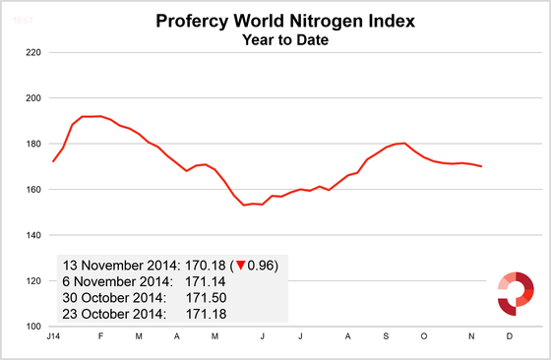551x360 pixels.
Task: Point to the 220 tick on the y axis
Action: [x=31, y=52]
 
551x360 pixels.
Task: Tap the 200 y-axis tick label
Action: [x=31, y=98]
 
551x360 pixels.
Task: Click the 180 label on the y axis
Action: [x=31, y=144]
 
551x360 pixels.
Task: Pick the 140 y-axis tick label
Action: [x=31, y=235]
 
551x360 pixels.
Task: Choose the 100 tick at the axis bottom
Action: [x=31, y=327]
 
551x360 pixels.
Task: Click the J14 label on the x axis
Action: [x=51, y=336]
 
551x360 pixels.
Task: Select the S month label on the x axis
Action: [x=387, y=336]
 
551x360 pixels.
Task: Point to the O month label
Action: [x=424, y=336]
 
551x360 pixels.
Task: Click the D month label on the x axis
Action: [x=509, y=336]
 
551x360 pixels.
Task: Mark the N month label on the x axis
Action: [x=470, y=336]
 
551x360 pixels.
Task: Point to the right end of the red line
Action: [x=481, y=166]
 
